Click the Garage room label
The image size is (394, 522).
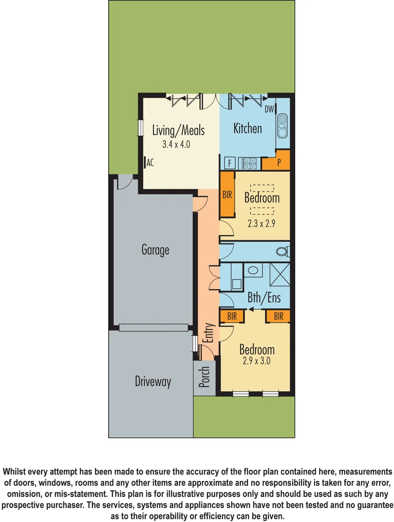tap(155, 250)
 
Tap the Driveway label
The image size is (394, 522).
tap(153, 381)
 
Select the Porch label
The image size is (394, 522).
tap(205, 378)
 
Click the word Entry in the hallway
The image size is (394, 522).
tap(208, 333)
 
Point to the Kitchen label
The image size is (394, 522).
tap(248, 128)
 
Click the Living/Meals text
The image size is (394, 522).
tap(178, 130)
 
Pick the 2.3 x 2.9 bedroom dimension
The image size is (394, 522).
tap(262, 224)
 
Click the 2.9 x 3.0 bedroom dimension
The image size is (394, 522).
tap(257, 361)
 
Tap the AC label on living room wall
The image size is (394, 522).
tap(150, 163)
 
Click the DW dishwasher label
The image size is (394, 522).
tap(269, 109)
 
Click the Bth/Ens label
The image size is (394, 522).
tap(264, 298)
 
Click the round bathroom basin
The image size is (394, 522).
tap(252, 271)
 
